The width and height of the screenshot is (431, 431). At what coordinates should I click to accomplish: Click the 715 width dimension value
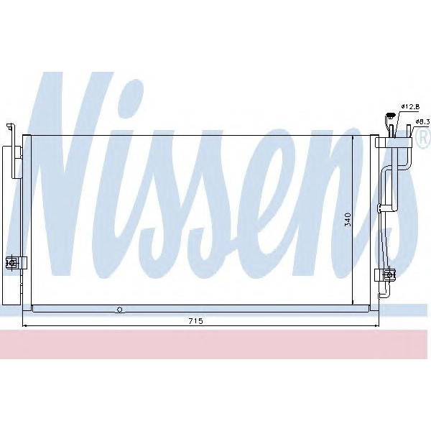pos(195,321)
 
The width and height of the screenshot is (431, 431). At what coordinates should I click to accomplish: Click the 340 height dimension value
pos(348,218)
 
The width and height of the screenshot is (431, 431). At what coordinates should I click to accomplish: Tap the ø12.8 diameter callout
pos(410,107)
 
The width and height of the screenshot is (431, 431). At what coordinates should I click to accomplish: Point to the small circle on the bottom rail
pos(120,310)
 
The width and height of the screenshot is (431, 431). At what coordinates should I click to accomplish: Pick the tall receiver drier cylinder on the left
pos(11,215)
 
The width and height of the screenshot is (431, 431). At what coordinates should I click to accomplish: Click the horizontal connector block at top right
pos(394,142)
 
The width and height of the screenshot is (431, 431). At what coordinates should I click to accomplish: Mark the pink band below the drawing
pos(215,345)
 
